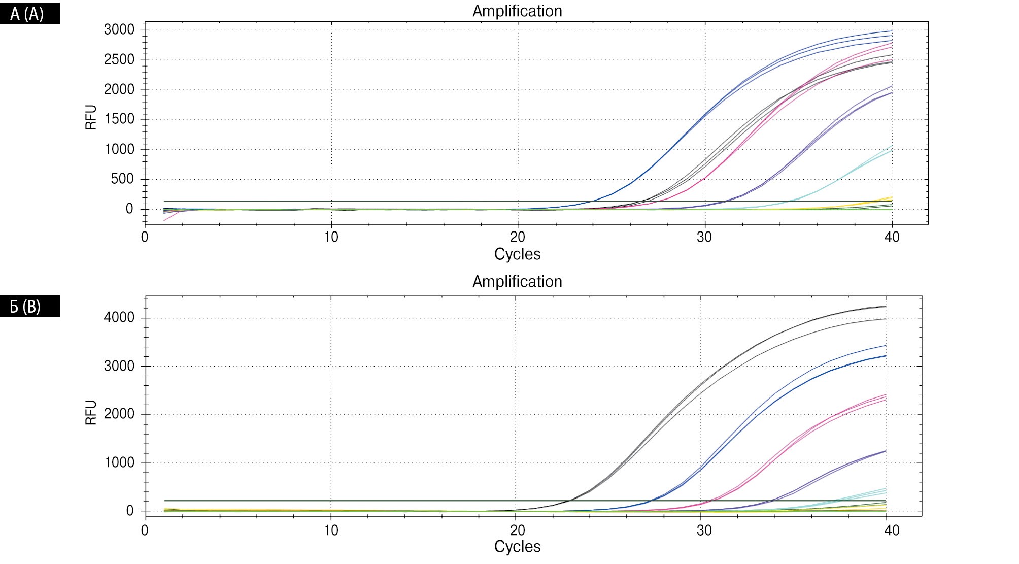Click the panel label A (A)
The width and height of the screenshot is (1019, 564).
[x=27, y=14]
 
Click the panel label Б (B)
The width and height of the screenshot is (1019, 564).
[x=25, y=307]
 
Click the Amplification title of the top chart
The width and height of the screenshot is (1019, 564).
[x=517, y=11]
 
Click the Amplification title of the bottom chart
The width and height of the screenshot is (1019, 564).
[x=517, y=281]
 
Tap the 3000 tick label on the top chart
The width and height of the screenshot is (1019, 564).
[x=119, y=30]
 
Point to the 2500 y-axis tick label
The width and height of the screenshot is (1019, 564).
[x=119, y=60]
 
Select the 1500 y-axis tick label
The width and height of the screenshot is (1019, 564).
[x=119, y=119]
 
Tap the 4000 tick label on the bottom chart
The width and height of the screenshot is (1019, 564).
[x=119, y=318]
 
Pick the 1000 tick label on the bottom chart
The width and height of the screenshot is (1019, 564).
[x=119, y=462]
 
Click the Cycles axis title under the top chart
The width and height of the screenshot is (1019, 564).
[x=517, y=254]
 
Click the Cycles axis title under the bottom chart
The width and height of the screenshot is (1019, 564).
[x=517, y=546]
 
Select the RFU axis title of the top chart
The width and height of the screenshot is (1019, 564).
[x=91, y=117]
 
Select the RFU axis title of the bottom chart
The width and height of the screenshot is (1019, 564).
[x=91, y=412]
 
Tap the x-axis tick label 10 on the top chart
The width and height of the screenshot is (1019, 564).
[x=331, y=237]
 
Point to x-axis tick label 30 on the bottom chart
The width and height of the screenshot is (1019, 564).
[x=704, y=530]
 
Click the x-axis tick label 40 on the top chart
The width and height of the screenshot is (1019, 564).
[x=892, y=237]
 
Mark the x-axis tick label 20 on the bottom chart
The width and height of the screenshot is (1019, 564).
[x=517, y=530]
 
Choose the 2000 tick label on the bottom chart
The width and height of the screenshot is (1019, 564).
[x=119, y=414]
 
